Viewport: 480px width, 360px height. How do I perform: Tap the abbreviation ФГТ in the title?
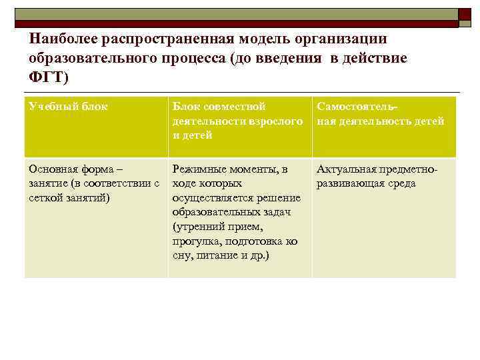[47, 77]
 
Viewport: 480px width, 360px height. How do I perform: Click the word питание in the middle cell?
[215, 255]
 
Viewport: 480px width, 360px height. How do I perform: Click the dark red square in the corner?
[464, 14]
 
